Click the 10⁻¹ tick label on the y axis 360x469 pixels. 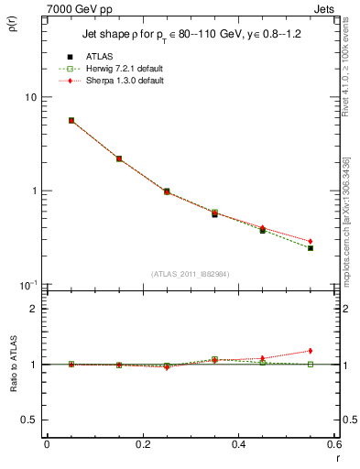click(27, 285)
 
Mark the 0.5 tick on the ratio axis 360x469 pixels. click(30, 420)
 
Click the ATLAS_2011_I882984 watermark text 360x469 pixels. click(189, 274)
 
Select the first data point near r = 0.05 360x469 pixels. click(71, 120)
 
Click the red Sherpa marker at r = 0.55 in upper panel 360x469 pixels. click(311, 241)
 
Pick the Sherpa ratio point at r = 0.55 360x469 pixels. click(311, 351)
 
